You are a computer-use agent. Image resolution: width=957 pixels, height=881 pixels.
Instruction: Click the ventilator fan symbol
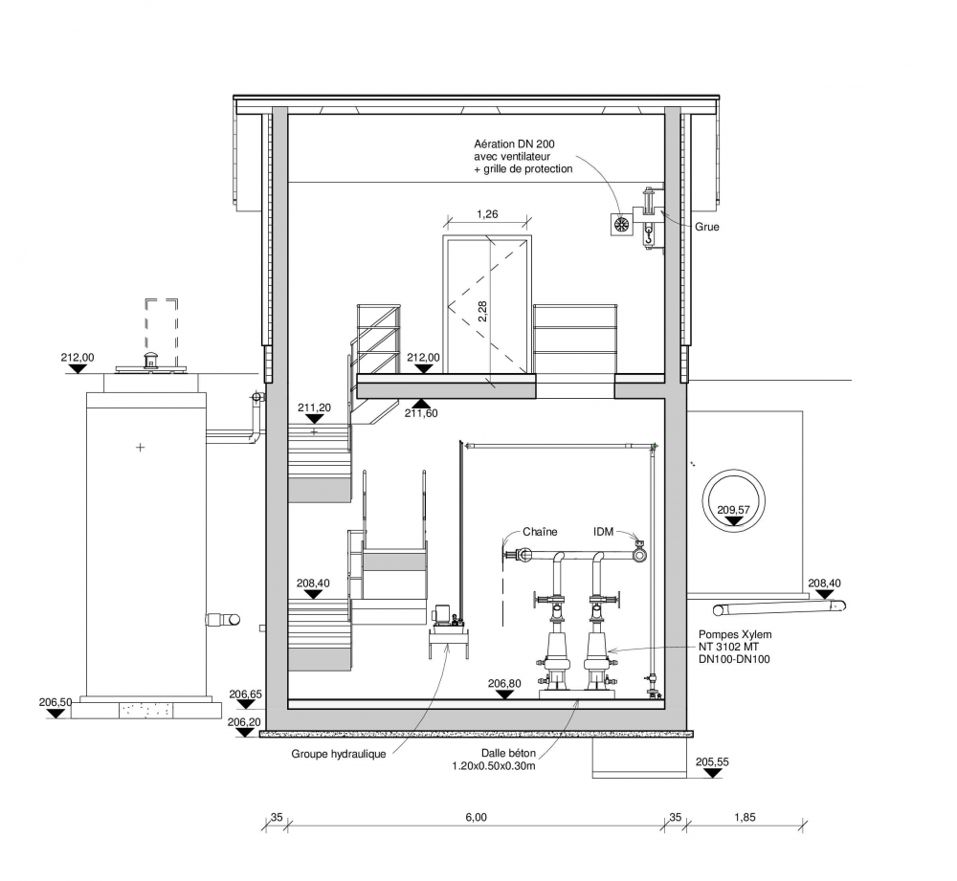pos(621,224)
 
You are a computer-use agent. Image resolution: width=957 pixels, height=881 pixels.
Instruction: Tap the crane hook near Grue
pos(649,235)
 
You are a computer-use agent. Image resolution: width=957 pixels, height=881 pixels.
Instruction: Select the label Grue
pos(707,227)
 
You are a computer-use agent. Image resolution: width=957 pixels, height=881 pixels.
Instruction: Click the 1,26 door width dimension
pos(487,214)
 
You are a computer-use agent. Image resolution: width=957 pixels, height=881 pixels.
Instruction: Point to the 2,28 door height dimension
pos(482,311)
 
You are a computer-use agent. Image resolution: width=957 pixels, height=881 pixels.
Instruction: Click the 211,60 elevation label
pos(421,413)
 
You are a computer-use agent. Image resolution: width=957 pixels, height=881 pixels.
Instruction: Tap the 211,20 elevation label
pos(314,407)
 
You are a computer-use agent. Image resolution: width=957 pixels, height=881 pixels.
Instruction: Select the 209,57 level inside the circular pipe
pos(733,510)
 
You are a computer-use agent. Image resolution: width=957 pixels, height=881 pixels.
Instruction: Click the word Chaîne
pos(540,532)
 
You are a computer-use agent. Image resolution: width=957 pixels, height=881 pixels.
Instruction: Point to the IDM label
pos(603,532)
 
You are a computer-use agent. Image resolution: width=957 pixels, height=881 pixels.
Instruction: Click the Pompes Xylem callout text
pos(735,647)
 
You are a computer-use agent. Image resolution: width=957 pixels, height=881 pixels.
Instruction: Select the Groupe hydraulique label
pos(338,754)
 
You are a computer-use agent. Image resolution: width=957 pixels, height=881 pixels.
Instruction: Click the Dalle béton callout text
pos(494,760)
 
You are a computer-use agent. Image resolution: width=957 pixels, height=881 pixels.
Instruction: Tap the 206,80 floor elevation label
pos(504,683)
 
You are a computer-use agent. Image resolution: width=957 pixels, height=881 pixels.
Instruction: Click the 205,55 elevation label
pos(712,761)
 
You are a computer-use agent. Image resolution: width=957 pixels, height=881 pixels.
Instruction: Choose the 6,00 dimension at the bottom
pos(476,817)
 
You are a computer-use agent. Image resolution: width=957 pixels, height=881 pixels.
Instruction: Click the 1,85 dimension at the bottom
pos(745,817)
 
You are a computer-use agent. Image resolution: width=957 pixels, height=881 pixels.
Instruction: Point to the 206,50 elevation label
pos(56,702)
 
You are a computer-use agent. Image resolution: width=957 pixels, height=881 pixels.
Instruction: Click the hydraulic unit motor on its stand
pos(450,615)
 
